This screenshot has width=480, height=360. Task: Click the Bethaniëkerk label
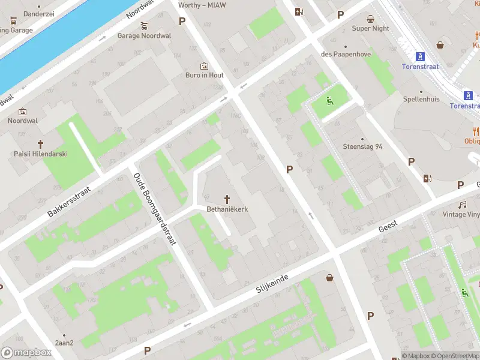227,209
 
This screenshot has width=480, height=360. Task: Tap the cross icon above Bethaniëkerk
227,199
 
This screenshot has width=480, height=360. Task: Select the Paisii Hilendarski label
41,154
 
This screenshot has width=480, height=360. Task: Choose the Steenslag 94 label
362,146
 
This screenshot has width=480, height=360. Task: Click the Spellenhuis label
421,99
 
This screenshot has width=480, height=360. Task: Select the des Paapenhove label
346,55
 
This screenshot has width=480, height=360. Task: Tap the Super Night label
370,28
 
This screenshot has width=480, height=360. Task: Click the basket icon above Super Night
371,18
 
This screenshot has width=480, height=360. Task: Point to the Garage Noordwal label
144,36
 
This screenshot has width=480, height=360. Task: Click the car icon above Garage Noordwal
144,26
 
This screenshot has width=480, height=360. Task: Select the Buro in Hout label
204,76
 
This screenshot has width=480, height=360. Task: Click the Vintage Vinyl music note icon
463,205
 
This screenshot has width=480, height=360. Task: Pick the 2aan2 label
64,343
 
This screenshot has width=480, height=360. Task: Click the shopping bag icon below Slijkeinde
329,277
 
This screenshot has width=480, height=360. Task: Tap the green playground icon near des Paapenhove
329,100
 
